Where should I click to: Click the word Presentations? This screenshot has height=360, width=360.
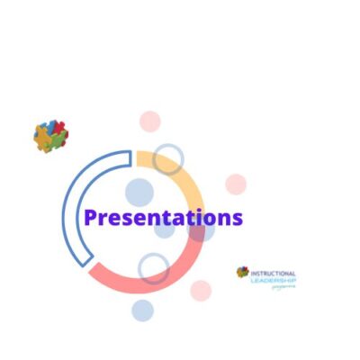click(163, 218)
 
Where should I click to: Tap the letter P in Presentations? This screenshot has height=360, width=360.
click(90, 218)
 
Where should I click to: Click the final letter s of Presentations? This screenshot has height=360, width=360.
click(238, 219)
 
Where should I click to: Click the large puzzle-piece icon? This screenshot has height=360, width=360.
click(51, 136)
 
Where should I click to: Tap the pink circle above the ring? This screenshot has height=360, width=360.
click(150, 121)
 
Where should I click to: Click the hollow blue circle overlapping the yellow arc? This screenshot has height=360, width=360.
click(167, 159)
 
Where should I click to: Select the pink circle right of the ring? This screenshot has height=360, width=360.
click(236, 184)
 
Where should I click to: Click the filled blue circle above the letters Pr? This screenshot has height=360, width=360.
click(139, 193)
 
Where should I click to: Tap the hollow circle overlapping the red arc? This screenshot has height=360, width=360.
click(154, 267)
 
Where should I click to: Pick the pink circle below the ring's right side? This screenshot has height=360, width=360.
click(201, 291)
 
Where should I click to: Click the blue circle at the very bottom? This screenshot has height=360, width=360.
click(142, 310)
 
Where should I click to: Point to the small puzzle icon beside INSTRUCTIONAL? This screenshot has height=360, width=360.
click(243, 272)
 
